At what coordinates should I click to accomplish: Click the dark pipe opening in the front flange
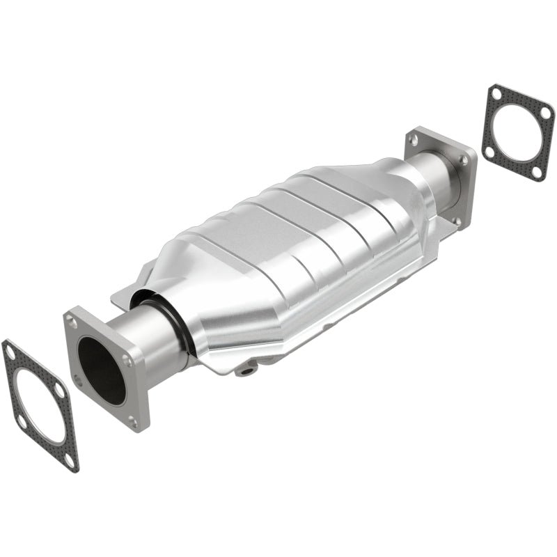tap(101, 369)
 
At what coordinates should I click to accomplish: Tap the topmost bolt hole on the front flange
tap(72, 322)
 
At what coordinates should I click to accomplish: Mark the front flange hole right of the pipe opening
tap(127, 361)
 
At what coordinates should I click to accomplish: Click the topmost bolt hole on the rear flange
tap(415, 140)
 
